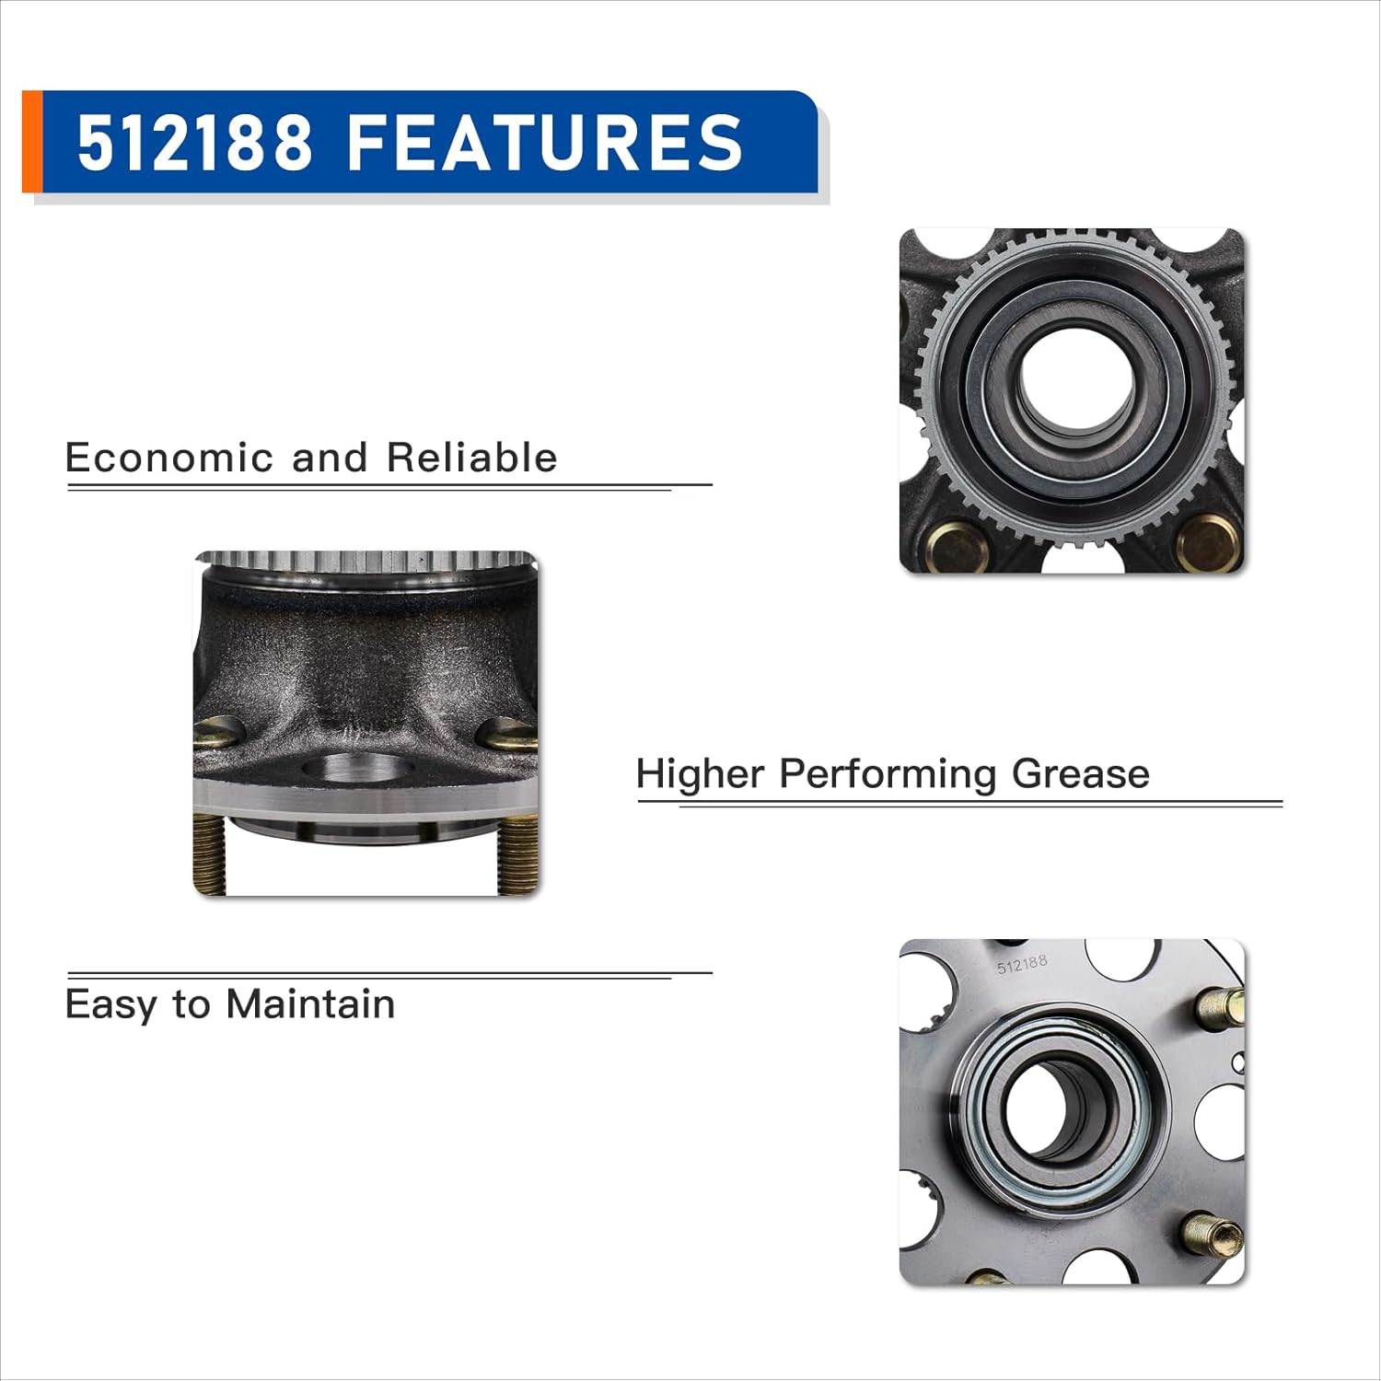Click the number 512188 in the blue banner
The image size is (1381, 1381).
pyautogui.click(x=194, y=143)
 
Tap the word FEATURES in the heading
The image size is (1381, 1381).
pyautogui.click(x=544, y=143)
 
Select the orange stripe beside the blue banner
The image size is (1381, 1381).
pyautogui.click(x=31, y=142)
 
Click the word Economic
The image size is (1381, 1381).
pyautogui.click(x=169, y=458)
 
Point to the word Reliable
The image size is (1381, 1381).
pyautogui.click(x=471, y=458)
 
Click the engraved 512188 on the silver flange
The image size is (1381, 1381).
pyautogui.click(x=1022, y=964)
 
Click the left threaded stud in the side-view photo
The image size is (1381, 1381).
pyautogui.click(x=210, y=853)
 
